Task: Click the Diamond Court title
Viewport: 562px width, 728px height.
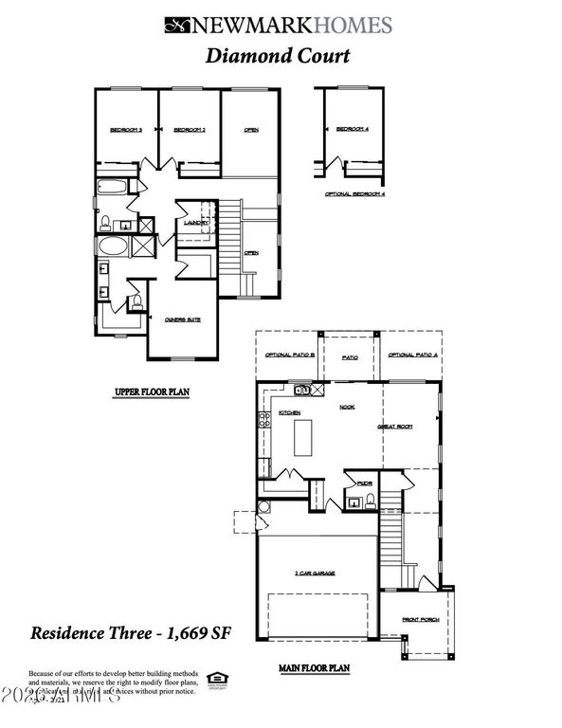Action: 278,55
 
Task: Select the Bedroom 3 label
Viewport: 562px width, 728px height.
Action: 125,130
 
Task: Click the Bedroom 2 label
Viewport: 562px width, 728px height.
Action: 190,130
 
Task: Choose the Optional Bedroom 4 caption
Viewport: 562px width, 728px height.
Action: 355,193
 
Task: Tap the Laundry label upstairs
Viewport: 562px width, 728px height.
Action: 182,223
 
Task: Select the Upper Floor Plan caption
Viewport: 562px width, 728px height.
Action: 152,391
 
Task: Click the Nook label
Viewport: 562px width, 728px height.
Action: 347,406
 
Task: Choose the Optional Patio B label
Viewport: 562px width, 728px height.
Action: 289,355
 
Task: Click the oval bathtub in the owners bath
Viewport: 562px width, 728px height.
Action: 116,248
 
